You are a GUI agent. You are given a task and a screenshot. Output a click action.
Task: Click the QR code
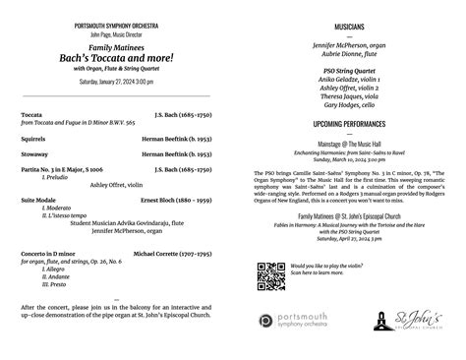271,277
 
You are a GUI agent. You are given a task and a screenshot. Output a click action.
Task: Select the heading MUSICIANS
349,27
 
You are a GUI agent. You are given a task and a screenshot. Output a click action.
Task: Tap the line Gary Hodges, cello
349,104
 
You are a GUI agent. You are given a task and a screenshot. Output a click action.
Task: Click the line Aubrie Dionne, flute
349,55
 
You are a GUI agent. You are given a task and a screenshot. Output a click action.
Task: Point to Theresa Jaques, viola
349,96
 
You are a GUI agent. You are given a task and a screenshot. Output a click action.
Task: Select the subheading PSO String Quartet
349,71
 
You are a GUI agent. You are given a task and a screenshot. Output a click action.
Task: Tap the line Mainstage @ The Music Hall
349,144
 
